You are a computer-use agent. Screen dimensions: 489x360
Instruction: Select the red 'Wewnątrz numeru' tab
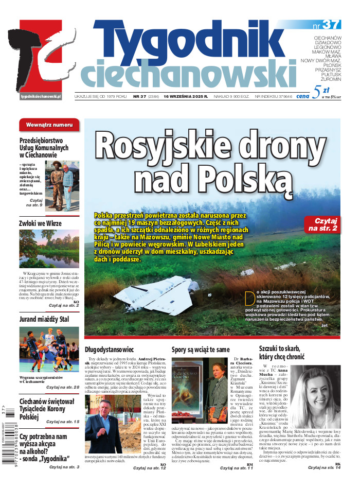click(x=49, y=125)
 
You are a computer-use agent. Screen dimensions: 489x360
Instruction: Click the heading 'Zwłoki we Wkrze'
click(x=40, y=223)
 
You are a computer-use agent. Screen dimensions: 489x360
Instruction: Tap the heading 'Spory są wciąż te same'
click(x=200, y=350)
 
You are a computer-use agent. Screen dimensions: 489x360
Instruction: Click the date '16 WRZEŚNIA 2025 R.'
click(x=186, y=96)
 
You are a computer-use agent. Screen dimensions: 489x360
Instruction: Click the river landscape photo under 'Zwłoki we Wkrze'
click(x=49, y=249)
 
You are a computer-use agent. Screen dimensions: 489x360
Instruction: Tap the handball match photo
click(x=49, y=350)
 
